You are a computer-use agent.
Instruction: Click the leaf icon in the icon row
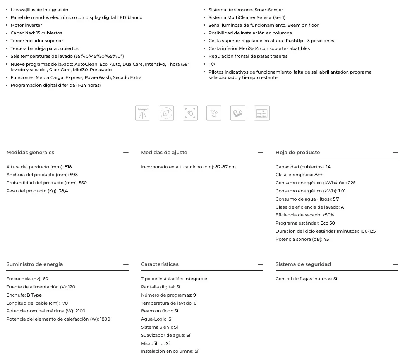tap(166, 113)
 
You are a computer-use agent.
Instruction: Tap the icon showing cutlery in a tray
tap(262, 113)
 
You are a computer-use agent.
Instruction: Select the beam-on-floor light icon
tap(142, 113)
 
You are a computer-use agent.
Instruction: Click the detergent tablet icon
tap(238, 113)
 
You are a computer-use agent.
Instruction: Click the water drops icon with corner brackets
tap(190, 113)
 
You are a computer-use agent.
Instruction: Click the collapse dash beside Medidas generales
tap(125, 153)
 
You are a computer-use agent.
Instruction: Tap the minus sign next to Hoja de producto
tap(395, 153)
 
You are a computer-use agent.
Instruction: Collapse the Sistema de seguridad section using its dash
tap(395, 264)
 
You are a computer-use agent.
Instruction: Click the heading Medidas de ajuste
tap(164, 153)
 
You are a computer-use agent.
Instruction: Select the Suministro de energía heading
tap(34, 264)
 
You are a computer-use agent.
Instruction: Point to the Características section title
tap(160, 264)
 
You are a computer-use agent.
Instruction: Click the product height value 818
tap(68, 167)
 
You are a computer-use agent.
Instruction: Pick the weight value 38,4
tap(63, 191)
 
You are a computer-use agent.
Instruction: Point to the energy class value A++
tap(318, 175)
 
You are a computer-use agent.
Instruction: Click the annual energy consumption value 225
tap(352, 183)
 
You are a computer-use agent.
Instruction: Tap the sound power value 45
tap(326, 239)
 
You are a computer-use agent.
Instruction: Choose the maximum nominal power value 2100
tap(80, 311)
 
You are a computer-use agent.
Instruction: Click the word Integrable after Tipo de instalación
tap(196, 279)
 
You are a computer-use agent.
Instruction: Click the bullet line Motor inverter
tap(26, 25)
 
